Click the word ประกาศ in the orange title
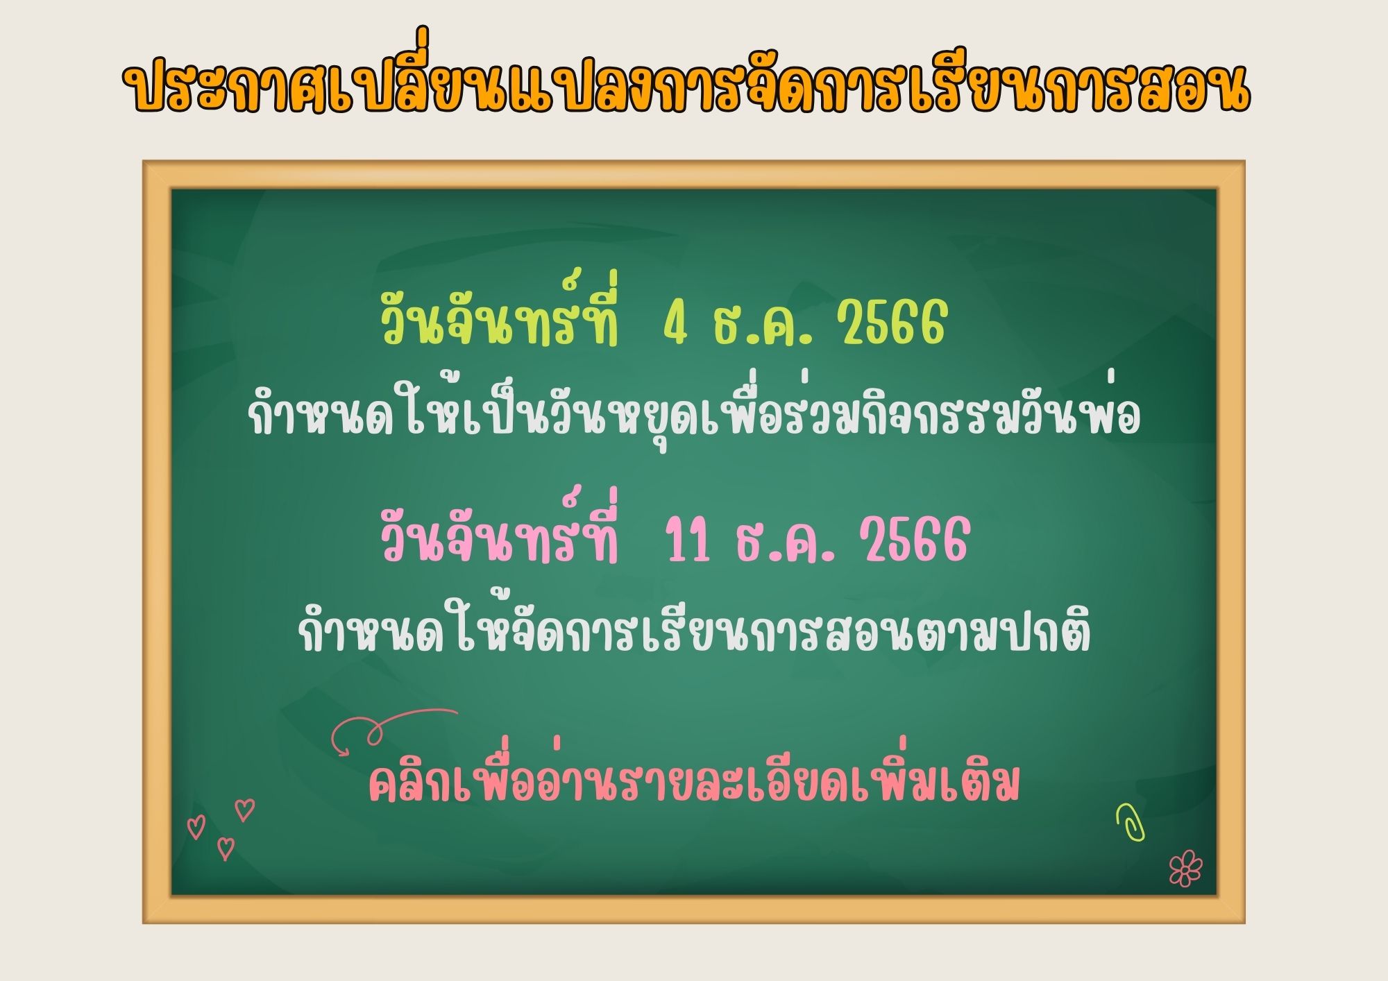click(x=220, y=89)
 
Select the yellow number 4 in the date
click(x=675, y=325)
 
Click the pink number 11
click(x=688, y=540)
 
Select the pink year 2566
click(x=915, y=540)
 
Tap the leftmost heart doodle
click(x=196, y=827)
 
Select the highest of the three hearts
click(x=244, y=810)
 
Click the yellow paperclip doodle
click(x=1131, y=823)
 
